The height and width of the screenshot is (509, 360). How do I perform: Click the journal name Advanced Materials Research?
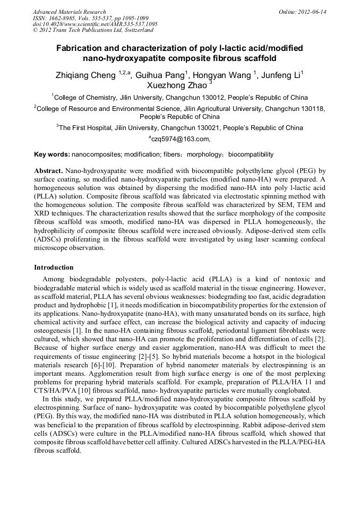click(x=69, y=12)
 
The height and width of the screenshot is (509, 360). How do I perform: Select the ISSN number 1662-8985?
click(x=61, y=18)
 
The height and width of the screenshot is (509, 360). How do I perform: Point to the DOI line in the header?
click(x=95, y=24)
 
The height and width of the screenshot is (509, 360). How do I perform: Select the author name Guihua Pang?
click(x=161, y=75)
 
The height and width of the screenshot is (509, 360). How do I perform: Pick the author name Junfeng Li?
click(x=281, y=75)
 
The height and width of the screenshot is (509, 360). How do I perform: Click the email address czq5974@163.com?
click(x=181, y=139)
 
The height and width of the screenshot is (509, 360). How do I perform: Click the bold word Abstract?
click(x=48, y=171)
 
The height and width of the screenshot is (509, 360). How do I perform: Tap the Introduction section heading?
click(x=54, y=267)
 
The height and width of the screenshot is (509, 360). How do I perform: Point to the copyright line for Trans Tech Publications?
click(x=93, y=30)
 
